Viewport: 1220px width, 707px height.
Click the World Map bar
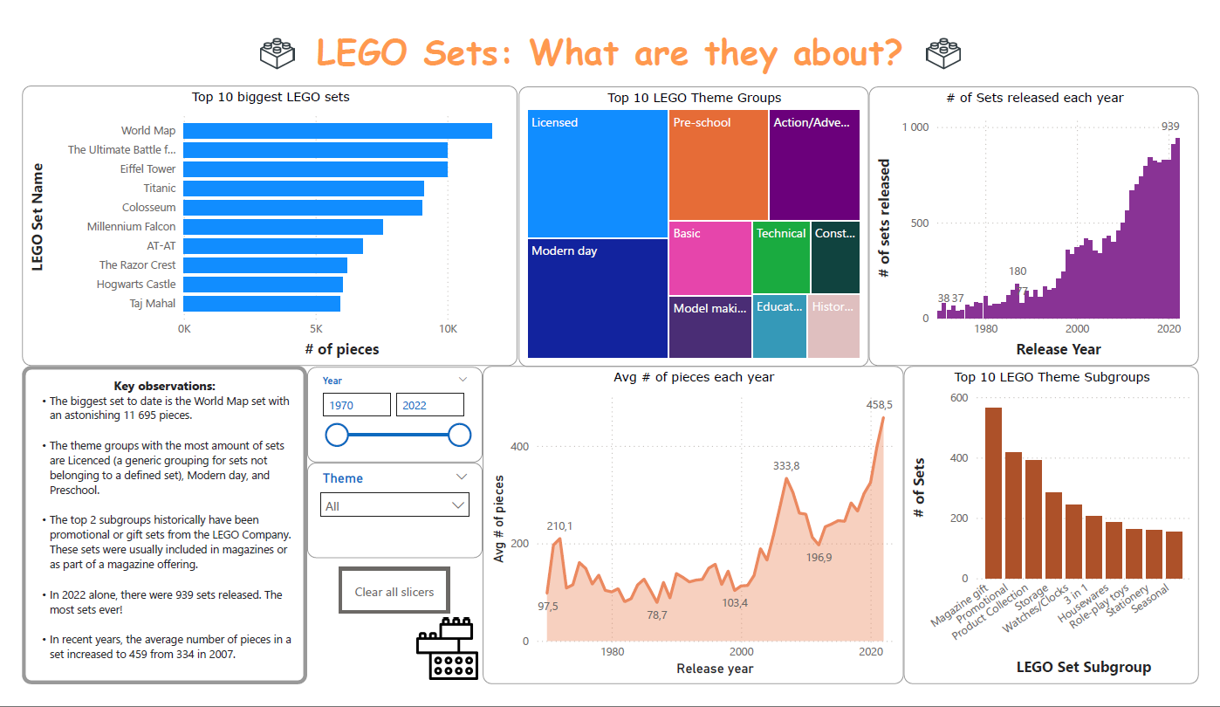338,131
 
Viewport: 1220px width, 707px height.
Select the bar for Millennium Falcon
284,227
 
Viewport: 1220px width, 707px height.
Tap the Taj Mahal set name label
153,304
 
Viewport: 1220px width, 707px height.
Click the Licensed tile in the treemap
598,174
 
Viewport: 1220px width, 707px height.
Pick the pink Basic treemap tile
710,258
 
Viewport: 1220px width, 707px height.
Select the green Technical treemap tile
781,257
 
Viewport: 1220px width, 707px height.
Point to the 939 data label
1170,127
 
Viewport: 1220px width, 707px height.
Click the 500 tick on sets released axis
919,223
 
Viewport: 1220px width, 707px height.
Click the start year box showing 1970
357,405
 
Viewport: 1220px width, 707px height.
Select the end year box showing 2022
429,405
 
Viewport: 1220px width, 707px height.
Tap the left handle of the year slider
337,436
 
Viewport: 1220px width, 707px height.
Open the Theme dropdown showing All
394,505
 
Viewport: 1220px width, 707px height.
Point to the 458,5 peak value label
879,405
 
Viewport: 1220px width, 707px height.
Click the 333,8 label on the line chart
786,466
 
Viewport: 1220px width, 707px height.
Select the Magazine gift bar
993,493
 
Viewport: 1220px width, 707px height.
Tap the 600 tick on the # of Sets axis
959,398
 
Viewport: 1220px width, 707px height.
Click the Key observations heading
164,386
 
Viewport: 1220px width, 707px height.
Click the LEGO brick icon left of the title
278,53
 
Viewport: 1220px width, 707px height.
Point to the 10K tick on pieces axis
449,329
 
